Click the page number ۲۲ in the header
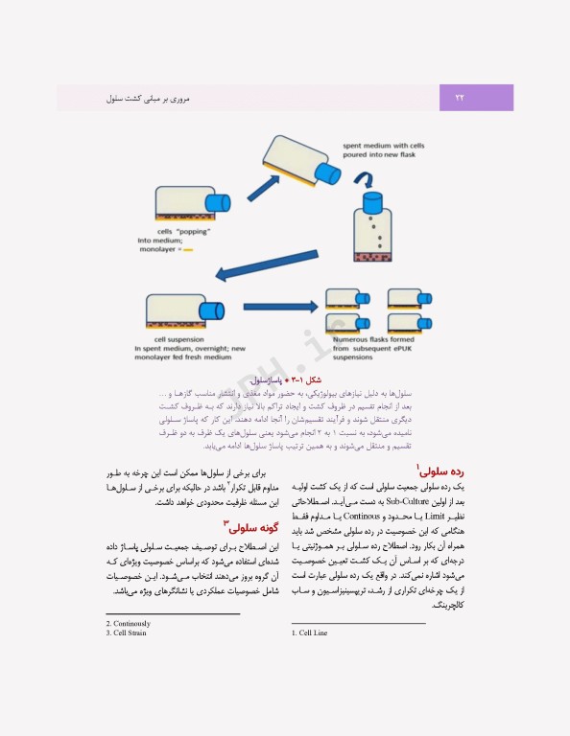pos(459,98)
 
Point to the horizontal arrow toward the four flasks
pos(278,307)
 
